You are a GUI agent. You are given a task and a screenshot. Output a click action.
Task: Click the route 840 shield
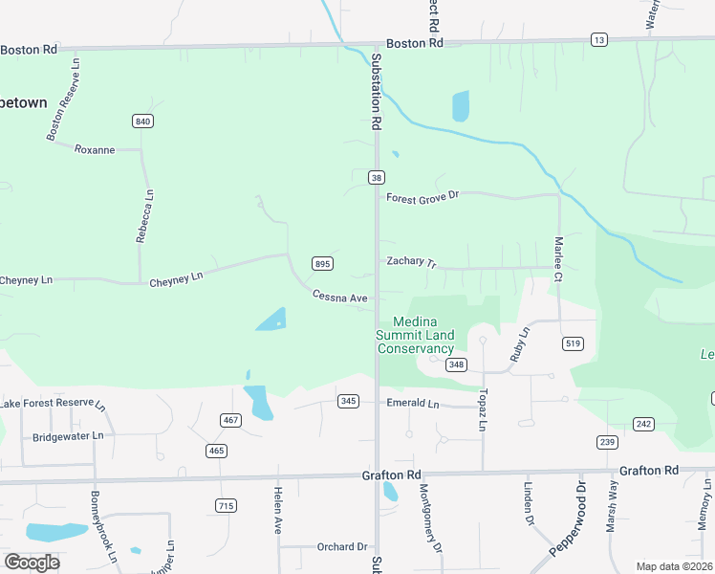pyautogui.click(x=143, y=121)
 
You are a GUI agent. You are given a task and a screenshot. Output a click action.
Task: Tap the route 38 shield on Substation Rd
pyautogui.click(x=377, y=177)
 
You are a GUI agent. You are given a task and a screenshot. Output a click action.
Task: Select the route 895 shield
pyautogui.click(x=322, y=264)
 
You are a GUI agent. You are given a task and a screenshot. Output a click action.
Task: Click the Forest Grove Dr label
pyautogui.click(x=422, y=196)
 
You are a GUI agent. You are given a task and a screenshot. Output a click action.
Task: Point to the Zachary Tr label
pyautogui.click(x=411, y=261)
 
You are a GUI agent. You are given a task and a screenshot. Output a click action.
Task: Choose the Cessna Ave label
pyautogui.click(x=339, y=298)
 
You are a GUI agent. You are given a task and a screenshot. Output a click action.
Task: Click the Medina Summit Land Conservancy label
pyautogui.click(x=415, y=335)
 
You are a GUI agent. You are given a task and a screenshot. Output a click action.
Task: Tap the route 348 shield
pyautogui.click(x=456, y=364)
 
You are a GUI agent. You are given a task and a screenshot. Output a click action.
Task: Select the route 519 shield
pyautogui.click(x=574, y=343)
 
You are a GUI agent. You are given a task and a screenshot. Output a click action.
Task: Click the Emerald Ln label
pyautogui.click(x=412, y=403)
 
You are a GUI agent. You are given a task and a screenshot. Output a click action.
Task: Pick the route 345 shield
pyautogui.click(x=349, y=401)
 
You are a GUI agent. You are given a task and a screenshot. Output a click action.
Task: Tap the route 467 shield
pyautogui.click(x=230, y=420)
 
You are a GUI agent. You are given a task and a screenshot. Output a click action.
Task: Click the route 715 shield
pyautogui.click(x=226, y=505)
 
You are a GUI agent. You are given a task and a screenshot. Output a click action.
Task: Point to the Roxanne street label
pyautogui.click(x=95, y=149)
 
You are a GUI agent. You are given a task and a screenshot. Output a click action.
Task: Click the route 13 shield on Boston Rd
pyautogui.click(x=599, y=39)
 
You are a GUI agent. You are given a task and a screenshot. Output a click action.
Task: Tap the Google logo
pyautogui.click(x=32, y=562)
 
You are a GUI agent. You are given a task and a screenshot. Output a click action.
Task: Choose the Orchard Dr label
pyautogui.click(x=342, y=547)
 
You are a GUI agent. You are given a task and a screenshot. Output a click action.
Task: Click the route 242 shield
pyautogui.click(x=643, y=424)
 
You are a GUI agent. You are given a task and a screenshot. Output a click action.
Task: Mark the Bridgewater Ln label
pyautogui.click(x=67, y=436)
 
